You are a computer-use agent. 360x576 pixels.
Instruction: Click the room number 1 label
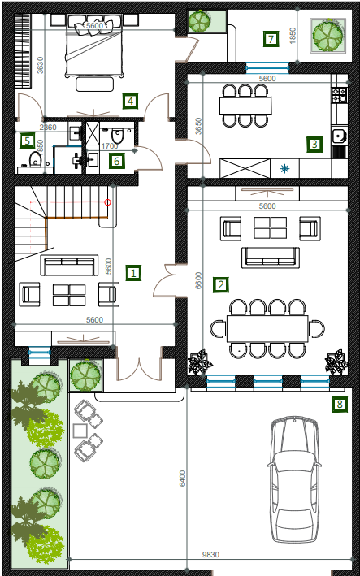tap(133, 273)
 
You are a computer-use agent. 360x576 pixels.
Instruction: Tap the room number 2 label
tap(221, 285)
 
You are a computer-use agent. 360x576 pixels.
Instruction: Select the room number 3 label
tap(314, 145)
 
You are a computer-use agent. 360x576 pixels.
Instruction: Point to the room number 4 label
tap(130, 101)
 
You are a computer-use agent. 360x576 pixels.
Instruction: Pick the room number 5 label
tap(27, 141)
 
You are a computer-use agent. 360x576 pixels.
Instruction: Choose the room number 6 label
tap(116, 161)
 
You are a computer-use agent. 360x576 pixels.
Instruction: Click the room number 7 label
tap(271, 39)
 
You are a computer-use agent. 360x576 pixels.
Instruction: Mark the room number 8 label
tap(340, 405)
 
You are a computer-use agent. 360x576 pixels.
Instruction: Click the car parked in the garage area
tap(294, 480)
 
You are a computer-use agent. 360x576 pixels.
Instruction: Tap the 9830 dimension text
tap(210, 554)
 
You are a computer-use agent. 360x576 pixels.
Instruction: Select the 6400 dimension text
tap(183, 479)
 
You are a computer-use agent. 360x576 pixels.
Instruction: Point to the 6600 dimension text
tap(198, 280)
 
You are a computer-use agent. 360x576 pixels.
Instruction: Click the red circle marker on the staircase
tap(107, 202)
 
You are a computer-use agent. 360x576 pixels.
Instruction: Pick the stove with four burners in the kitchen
tap(340, 94)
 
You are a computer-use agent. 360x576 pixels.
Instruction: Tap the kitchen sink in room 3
tap(339, 136)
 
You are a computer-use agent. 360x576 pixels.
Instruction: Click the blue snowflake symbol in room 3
tap(284, 169)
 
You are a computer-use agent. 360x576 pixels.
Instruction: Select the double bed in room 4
tap(93, 46)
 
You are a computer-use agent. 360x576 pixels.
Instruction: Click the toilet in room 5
tap(35, 159)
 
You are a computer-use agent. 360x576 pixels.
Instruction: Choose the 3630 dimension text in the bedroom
tap(40, 65)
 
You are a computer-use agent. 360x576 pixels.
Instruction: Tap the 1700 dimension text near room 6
tap(110, 146)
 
